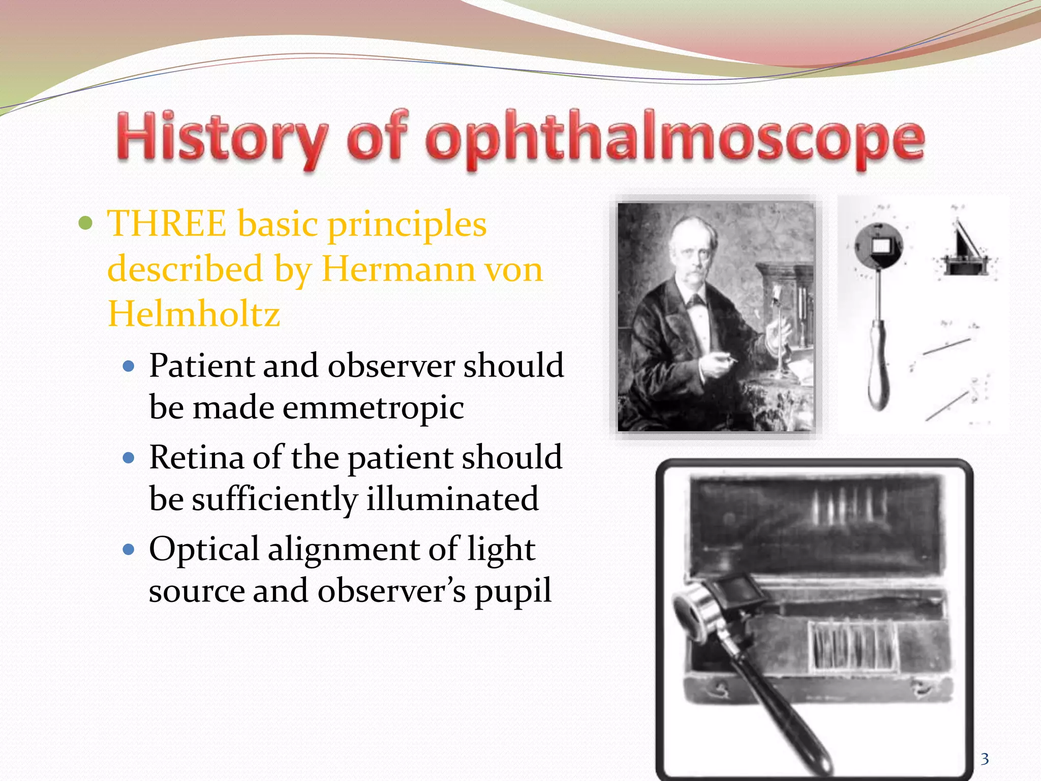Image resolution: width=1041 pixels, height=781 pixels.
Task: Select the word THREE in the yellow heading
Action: pyautogui.click(x=167, y=224)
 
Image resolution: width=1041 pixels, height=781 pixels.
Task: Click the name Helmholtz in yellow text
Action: pyautogui.click(x=194, y=314)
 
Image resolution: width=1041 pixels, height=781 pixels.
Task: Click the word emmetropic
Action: pyautogui.click(x=373, y=408)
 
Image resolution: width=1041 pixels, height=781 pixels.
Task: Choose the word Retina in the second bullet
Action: pyautogui.click(x=196, y=458)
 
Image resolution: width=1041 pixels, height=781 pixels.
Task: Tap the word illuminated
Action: pyautogui.click(x=452, y=499)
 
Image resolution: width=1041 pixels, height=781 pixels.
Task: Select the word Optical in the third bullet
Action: pyautogui.click(x=204, y=549)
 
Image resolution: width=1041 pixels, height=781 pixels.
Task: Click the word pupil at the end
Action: pyautogui.click(x=513, y=591)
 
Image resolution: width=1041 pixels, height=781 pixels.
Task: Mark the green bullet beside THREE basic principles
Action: pyautogui.click(x=86, y=223)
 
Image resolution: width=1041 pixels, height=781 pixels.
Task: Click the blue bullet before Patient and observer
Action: pyautogui.click(x=129, y=366)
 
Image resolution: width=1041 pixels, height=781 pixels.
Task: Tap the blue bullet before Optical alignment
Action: pyautogui.click(x=129, y=550)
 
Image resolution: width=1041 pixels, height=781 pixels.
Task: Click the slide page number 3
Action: pyautogui.click(x=985, y=759)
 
